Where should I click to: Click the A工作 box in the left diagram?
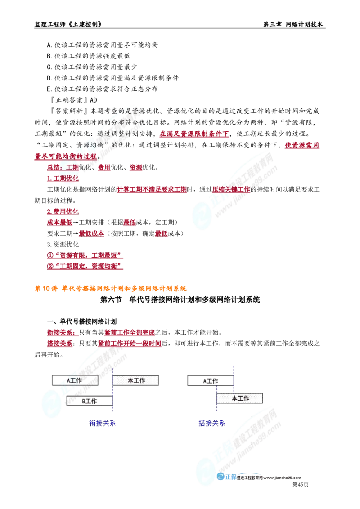tap(75, 380)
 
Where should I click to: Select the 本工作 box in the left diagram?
tap(136, 380)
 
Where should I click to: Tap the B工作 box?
tap(89, 401)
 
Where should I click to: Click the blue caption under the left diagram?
tap(103, 423)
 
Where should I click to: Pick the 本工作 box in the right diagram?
tap(241, 398)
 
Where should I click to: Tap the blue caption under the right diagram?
tap(212, 423)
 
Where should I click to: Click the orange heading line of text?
tap(110, 289)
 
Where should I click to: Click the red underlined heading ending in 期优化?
tap(63, 178)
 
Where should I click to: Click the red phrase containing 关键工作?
tap(231, 190)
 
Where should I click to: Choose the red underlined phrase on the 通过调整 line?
tap(194, 134)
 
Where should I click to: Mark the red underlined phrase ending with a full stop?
tap(65, 157)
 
